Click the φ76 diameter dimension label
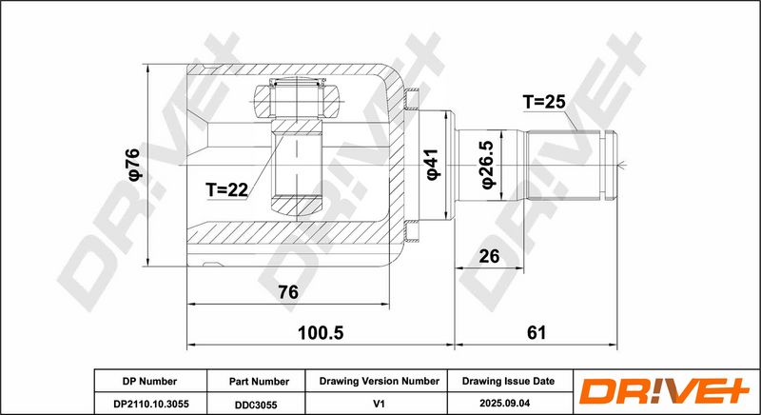tap(134, 165)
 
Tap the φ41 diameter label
tap(432, 165)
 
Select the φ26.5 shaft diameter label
tap(488, 165)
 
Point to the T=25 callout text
tap(544, 102)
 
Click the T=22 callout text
tap(226, 189)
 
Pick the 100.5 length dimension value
tap(320, 333)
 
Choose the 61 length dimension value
tap(537, 333)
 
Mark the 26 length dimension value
tap(489, 256)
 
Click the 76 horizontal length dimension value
tap(288, 292)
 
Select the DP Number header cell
tap(151, 382)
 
